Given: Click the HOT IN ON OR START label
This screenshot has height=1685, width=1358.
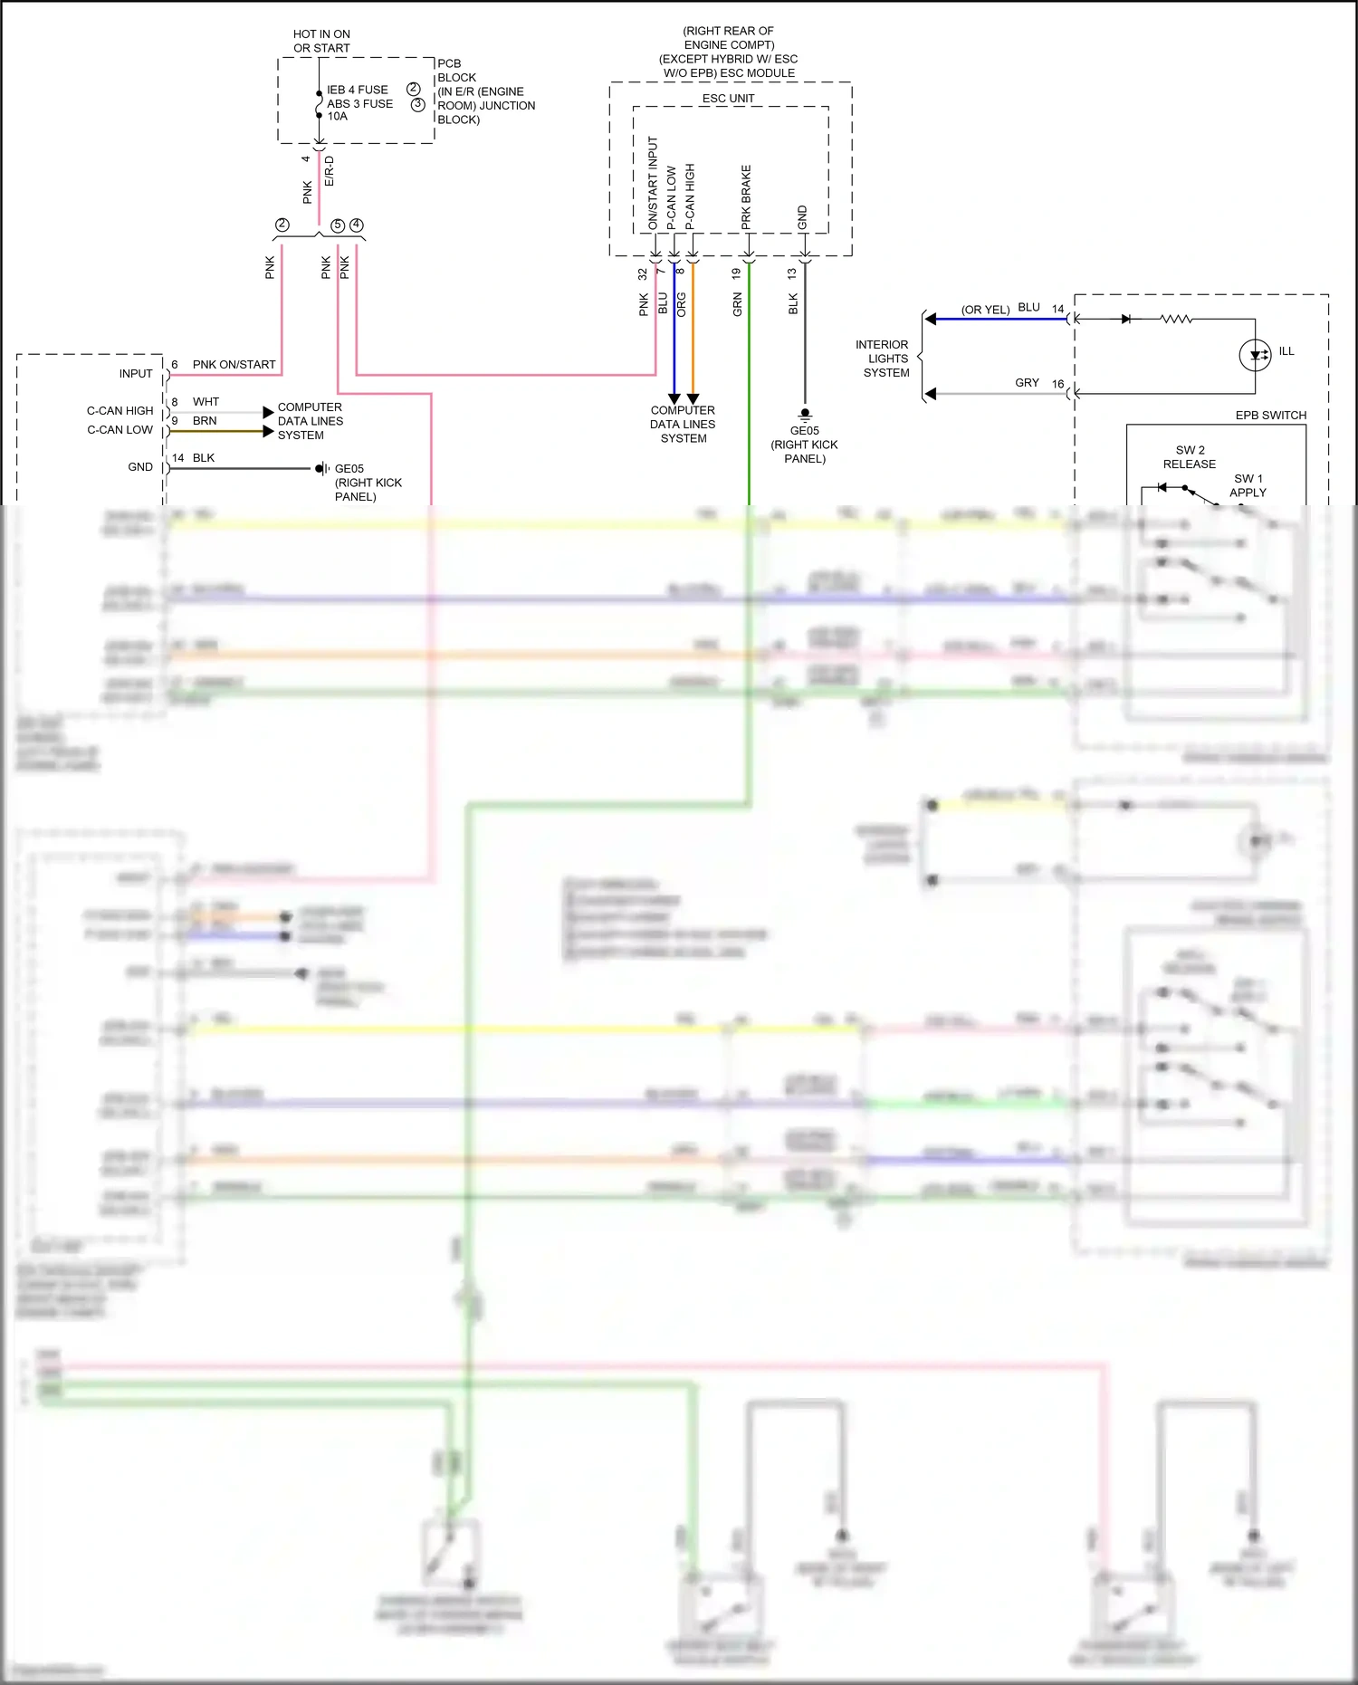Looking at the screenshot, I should pos(321,41).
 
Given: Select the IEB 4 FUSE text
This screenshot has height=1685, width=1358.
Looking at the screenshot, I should pos(357,90).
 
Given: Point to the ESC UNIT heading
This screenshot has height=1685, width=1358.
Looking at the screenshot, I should pos(728,98).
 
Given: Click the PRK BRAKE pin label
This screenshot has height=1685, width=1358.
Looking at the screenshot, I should pos(747,196).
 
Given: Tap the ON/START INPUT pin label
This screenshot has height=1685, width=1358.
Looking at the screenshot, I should pos(653,182).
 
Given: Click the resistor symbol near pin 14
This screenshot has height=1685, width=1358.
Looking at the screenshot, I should pos(1176,319).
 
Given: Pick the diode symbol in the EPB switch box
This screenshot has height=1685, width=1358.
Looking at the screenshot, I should pos(1125,319).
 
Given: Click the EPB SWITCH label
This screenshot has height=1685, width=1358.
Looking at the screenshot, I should pos(1270,415).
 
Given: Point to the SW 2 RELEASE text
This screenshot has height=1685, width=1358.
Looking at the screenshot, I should pos(1189,456).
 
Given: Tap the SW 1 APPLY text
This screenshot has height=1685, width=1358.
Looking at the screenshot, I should pos(1248,485).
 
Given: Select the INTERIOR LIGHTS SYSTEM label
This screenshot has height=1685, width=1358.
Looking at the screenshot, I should pos(884,359).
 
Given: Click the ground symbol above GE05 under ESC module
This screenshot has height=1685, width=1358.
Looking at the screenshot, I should pos(805,416).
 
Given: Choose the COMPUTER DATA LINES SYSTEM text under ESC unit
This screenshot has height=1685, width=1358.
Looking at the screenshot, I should pos(683,424).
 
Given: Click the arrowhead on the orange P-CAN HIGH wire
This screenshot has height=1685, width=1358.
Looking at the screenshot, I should pos(693,398).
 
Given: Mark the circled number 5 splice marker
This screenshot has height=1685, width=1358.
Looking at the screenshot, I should pos(338,225).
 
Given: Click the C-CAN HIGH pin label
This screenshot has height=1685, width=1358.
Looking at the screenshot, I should pos(120,410).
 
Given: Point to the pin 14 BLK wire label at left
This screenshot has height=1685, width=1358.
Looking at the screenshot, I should pos(194,457).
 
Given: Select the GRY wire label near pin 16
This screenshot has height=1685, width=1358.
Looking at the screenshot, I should pos(1027,382).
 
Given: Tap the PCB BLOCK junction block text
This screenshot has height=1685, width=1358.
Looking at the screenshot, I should pos(485,91).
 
